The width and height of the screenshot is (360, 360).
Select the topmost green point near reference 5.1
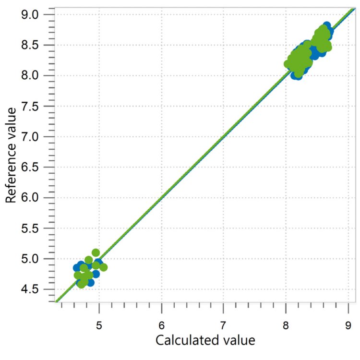pos(96,253)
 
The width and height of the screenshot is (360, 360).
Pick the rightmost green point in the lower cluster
pos(103,267)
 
